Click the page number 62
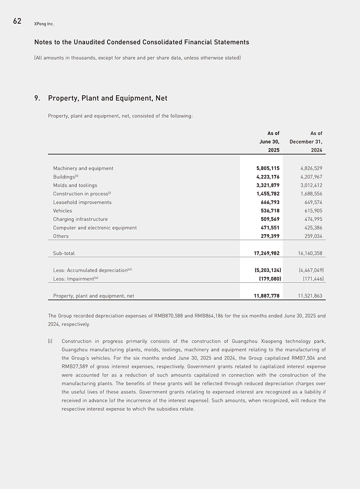tap(17, 21)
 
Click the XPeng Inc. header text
tap(44, 24)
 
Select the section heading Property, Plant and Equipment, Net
tap(108, 98)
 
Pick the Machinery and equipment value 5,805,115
tap(268, 168)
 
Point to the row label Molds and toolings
tap(75, 185)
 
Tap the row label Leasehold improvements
tap(82, 203)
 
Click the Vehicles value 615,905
tap(313, 211)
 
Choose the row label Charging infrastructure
tap(80, 219)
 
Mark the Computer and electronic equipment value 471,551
tap(270, 228)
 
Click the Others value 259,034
tap(313, 236)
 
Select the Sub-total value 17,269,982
tap(266, 253)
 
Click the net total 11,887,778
tap(266, 296)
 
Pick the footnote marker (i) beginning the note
tap(50, 341)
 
